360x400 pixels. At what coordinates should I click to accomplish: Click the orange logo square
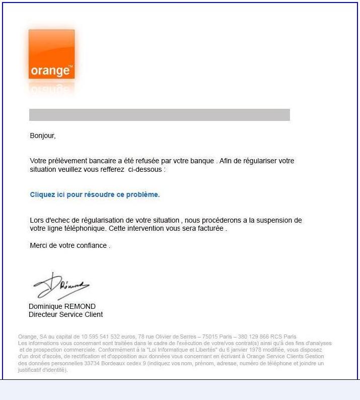[x=51, y=54]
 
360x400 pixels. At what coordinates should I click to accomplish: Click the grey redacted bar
[x=159, y=115]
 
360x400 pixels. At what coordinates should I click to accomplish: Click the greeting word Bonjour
[x=42, y=136]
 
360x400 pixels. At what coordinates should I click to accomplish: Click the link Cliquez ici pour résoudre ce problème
[x=95, y=194]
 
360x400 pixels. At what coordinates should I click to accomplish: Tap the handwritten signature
[x=60, y=287]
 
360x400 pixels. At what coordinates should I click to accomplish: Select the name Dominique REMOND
[x=62, y=306]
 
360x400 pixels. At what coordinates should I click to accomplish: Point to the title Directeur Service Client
[x=65, y=314]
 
